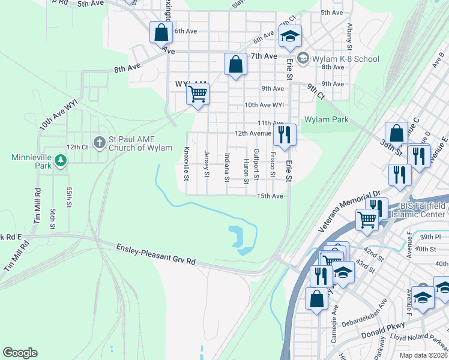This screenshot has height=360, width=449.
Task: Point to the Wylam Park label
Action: [x=326, y=119]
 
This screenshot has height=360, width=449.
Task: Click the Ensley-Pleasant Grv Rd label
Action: [x=155, y=253]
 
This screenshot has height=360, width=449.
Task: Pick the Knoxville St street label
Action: [x=187, y=163]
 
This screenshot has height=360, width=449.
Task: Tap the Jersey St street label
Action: [x=206, y=164]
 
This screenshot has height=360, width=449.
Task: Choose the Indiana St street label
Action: [x=226, y=167]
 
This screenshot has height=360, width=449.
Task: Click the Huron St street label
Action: [x=246, y=169]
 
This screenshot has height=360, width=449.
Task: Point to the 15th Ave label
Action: [x=270, y=196]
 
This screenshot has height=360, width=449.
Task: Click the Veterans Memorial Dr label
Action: [x=350, y=211]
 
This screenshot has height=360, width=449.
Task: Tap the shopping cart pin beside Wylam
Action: [x=197, y=94]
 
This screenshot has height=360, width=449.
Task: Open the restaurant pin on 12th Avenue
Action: [x=285, y=134]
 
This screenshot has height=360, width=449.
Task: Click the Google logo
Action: [x=20, y=353]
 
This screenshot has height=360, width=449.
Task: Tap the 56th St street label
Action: [x=53, y=218]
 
